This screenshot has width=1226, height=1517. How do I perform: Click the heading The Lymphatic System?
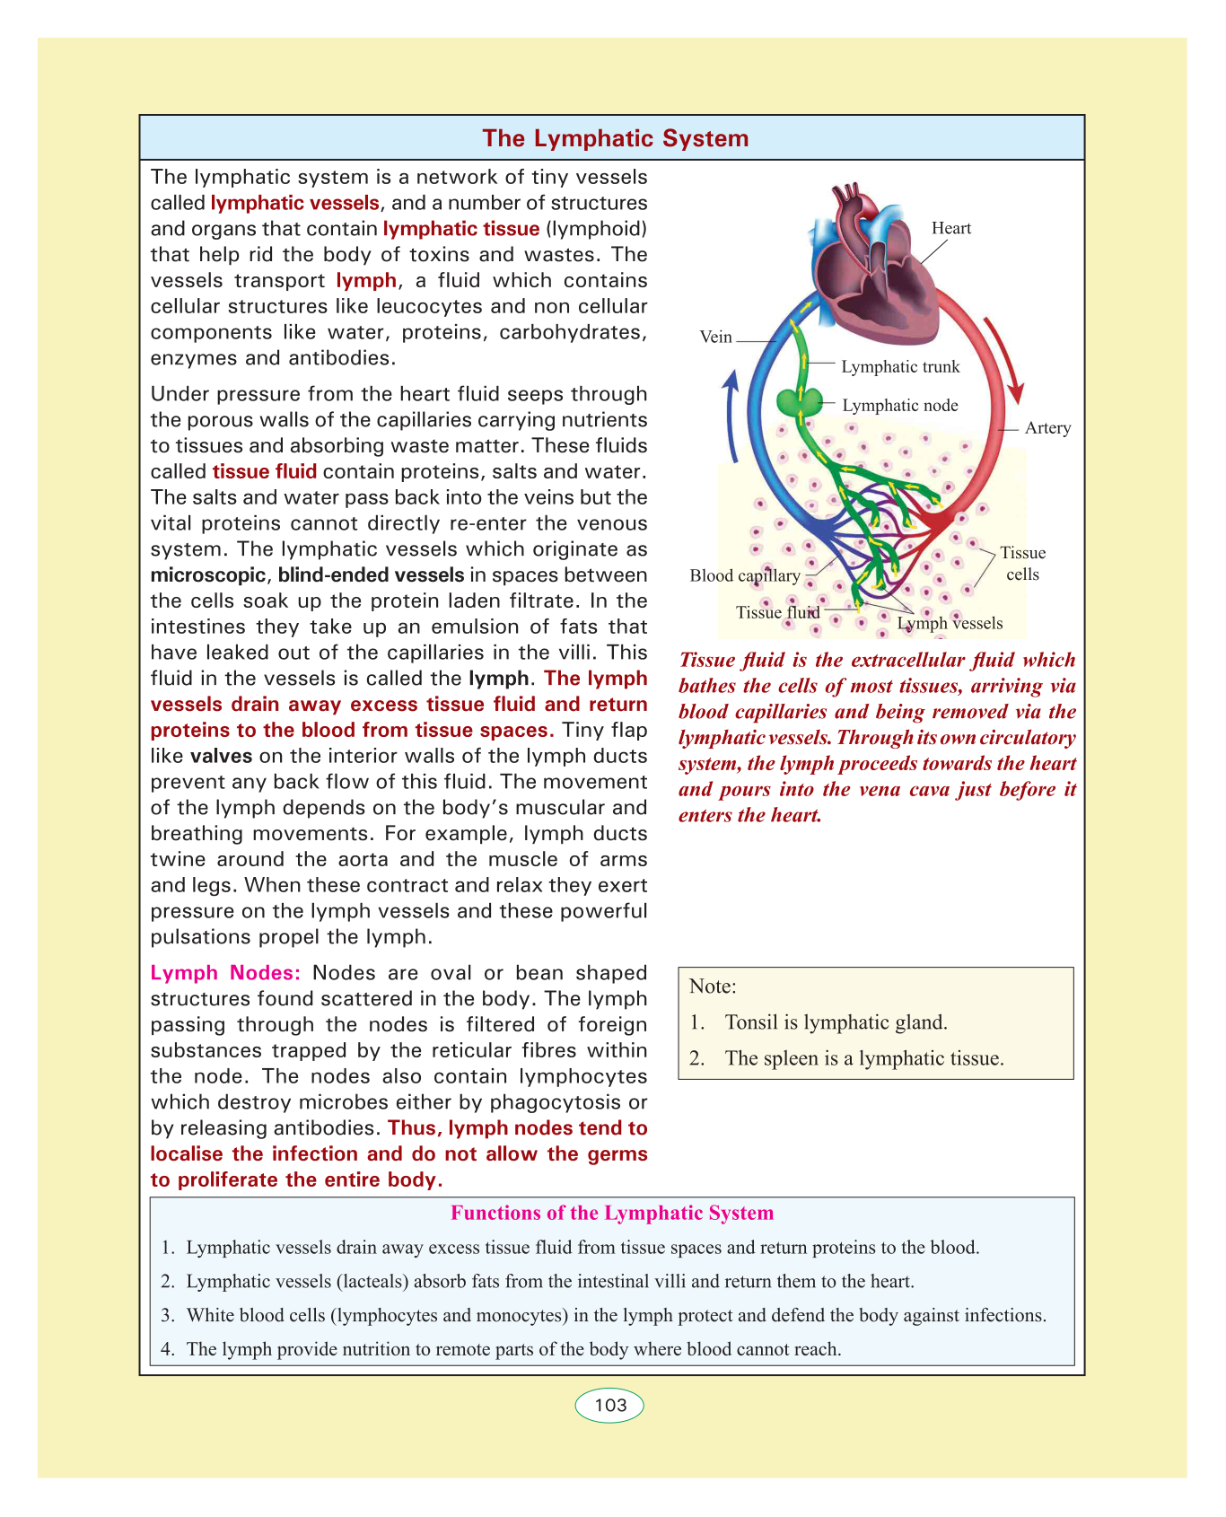click(615, 138)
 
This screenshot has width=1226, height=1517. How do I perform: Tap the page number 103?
click(609, 1405)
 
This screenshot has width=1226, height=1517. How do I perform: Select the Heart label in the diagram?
click(950, 228)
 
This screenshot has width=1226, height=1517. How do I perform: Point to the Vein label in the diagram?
click(715, 338)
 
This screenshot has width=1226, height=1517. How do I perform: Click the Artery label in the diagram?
click(1047, 428)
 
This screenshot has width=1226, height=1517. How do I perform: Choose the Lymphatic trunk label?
click(900, 366)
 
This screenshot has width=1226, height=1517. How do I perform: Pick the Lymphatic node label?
click(899, 406)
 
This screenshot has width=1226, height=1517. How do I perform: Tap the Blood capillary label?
click(744, 575)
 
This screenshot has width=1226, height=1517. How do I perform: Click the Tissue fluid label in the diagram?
click(777, 612)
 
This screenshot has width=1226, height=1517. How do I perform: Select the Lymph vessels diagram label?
click(950, 623)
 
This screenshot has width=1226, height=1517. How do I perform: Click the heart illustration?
click(875, 269)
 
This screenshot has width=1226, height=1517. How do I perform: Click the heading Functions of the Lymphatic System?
click(611, 1214)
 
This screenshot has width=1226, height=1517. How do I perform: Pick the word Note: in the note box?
click(713, 986)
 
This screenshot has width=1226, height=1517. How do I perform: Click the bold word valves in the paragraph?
click(221, 756)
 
